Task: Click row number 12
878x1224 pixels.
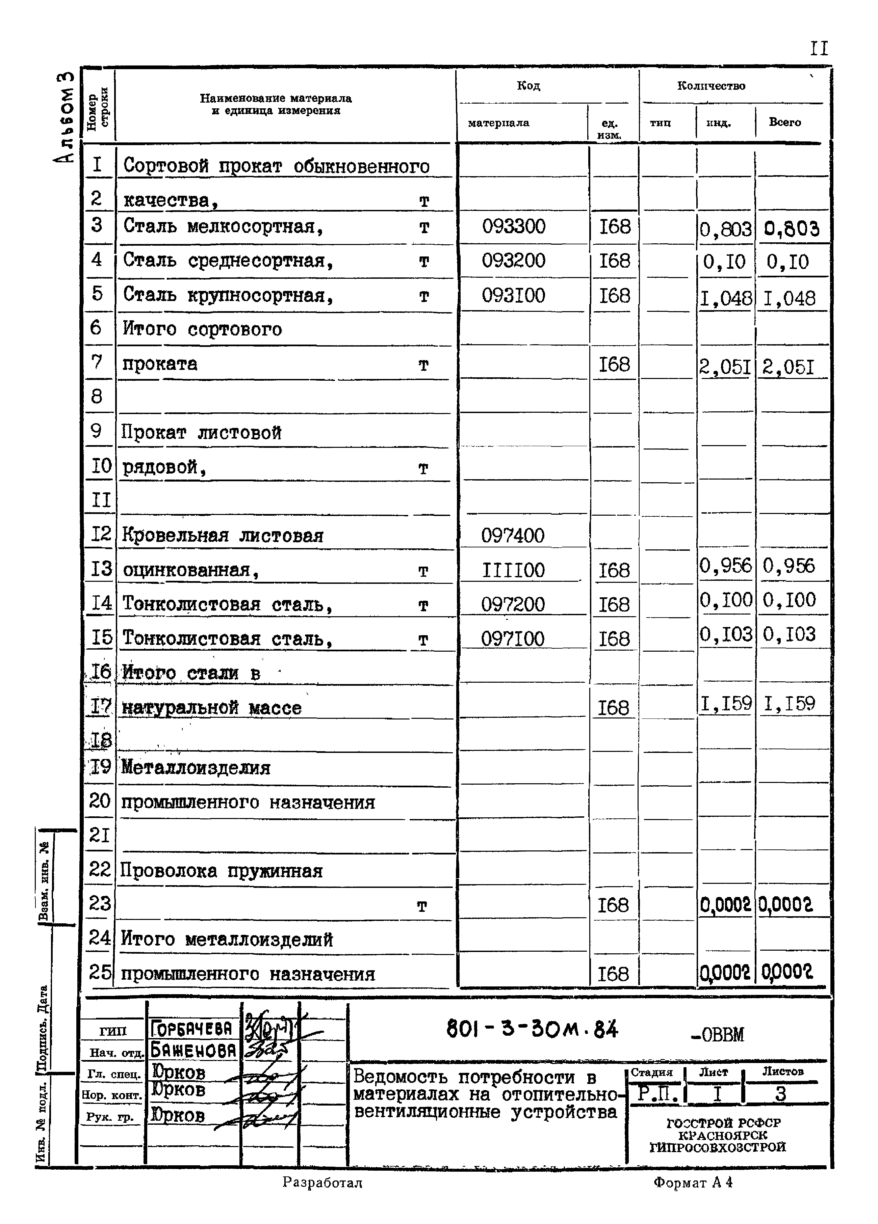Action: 100,534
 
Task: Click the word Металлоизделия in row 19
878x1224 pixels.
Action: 196,767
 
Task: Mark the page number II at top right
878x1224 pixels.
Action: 819,49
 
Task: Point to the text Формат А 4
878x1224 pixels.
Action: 693,1182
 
